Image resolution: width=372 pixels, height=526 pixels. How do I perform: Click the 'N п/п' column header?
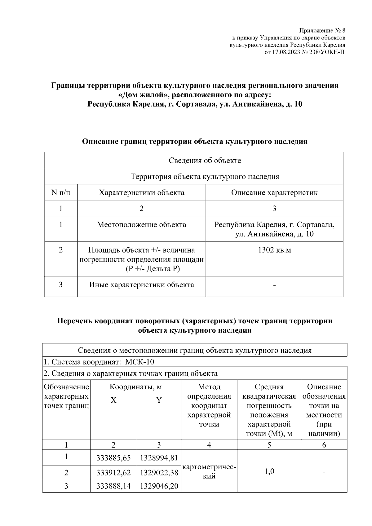click(61, 192)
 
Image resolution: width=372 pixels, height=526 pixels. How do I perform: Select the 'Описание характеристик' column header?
click(274, 192)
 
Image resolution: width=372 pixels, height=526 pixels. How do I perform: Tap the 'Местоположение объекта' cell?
click(141, 224)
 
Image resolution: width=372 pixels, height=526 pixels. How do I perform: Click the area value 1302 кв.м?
click(274, 250)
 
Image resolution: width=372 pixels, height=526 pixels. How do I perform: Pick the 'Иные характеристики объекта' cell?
click(141, 285)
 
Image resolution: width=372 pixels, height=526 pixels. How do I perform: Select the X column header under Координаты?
click(113, 400)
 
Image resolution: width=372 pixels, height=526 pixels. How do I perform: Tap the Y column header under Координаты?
click(159, 400)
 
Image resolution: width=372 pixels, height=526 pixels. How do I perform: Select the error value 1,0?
click(269, 471)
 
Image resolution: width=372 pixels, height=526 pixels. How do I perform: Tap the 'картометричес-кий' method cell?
click(209, 471)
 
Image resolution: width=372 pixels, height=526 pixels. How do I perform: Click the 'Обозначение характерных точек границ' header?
click(66, 396)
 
